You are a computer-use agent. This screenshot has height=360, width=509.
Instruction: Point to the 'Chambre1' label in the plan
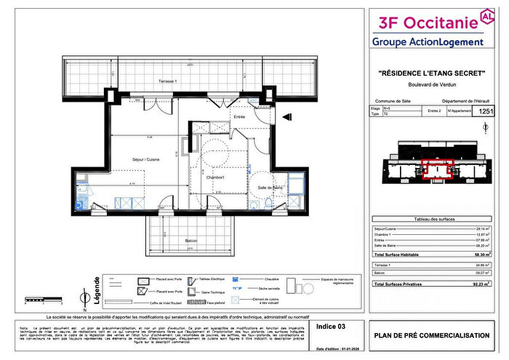[214, 177]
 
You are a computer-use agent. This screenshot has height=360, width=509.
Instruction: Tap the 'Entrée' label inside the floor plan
[239, 116]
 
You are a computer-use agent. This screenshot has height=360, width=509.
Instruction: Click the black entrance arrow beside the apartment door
[286, 114]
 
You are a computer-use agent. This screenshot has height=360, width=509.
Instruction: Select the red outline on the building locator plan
[437, 169]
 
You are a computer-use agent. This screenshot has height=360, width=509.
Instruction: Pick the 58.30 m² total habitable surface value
[480, 255]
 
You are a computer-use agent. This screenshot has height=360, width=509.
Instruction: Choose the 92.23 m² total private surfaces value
[480, 284]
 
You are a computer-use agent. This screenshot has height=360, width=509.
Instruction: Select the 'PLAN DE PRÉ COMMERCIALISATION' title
[432, 335]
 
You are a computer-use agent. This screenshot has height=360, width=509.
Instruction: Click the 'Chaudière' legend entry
[273, 279]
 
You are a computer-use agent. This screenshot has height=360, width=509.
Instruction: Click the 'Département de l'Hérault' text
[465, 101]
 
